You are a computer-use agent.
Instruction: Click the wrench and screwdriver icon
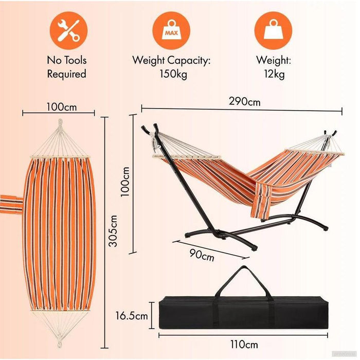coord(68,30)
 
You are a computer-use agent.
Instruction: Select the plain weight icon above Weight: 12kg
coord(273,30)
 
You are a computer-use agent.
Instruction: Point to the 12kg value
coord(274,74)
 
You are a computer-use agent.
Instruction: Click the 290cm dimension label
coord(244,101)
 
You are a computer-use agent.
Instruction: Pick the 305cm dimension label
coord(113,231)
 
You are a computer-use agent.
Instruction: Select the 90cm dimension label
coord(202,255)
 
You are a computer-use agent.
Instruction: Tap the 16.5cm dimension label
coord(132,316)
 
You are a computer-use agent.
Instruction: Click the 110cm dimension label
coord(244,345)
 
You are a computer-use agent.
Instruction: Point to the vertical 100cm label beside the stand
coord(125,182)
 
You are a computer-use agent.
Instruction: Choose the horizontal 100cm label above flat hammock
coord(62,107)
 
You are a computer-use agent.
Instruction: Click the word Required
coord(66,74)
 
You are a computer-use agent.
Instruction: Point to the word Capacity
coord(189,61)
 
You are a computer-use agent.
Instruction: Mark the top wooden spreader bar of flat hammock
coord(60,157)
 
